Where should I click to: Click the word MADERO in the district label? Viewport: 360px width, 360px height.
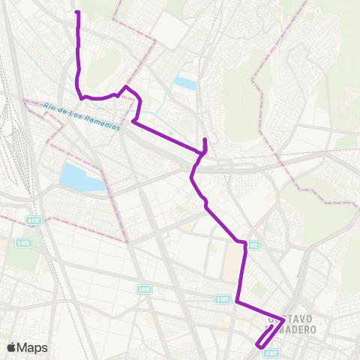click(298, 330)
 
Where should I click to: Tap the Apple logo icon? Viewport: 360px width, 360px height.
click(12, 347)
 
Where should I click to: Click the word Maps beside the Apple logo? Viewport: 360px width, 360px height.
click(34, 347)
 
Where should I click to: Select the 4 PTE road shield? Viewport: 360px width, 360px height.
click(34, 220)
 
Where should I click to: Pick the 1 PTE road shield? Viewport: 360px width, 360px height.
click(144, 289)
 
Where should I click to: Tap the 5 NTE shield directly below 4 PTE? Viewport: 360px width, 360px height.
click(23, 243)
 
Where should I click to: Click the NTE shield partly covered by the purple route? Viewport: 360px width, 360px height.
click(253, 244)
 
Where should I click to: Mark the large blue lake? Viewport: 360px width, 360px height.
click(80, 177)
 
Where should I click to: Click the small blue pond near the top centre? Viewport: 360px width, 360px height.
click(185, 82)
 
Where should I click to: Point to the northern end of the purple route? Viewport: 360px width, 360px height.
click(78, 13)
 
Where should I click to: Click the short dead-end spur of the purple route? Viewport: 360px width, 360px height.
click(205, 142)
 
